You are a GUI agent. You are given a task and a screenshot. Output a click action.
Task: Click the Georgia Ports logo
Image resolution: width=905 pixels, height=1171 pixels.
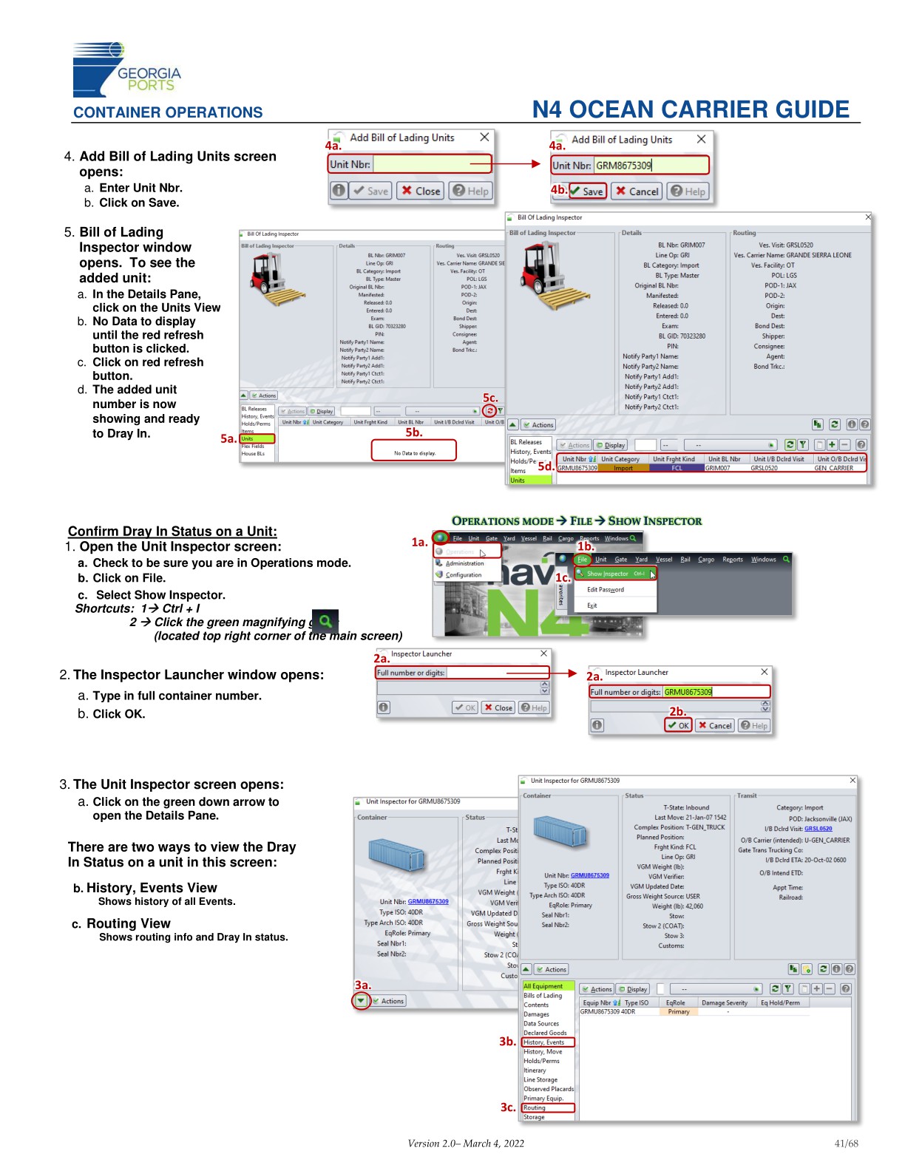click(x=126, y=71)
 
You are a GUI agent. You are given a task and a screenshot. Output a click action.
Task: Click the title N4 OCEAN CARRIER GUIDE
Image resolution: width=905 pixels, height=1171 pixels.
click(x=691, y=109)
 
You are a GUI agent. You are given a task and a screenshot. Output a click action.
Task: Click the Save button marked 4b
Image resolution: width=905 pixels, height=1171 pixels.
click(x=587, y=191)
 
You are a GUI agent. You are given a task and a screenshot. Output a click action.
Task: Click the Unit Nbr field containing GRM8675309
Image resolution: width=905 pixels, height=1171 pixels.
click(x=651, y=166)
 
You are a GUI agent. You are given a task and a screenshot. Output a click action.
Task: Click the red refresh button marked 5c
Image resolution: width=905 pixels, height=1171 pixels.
click(x=489, y=411)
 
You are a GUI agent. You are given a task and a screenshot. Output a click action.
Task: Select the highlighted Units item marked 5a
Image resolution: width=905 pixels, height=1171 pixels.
click(x=257, y=438)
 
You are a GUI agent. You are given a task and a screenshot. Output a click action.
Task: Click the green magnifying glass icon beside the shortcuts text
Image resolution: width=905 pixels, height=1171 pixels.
click(x=325, y=621)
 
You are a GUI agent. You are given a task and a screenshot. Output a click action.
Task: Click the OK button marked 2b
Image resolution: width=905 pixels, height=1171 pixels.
click(x=678, y=725)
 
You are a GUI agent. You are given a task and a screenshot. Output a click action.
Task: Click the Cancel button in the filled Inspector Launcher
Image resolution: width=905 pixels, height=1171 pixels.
click(x=714, y=725)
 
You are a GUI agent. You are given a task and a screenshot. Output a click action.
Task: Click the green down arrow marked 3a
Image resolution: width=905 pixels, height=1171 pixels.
click(x=361, y=1001)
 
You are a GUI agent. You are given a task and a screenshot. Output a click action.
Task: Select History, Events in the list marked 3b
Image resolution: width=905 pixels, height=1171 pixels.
click(x=547, y=1042)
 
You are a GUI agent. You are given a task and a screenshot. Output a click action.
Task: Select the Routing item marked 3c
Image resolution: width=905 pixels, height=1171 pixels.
click(x=547, y=1107)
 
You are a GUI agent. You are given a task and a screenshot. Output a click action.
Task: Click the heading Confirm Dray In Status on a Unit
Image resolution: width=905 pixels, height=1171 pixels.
click(x=172, y=531)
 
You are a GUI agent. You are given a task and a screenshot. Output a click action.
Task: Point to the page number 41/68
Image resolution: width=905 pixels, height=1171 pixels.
click(x=846, y=1143)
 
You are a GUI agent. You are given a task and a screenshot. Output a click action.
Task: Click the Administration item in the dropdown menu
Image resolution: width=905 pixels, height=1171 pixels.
click(x=464, y=563)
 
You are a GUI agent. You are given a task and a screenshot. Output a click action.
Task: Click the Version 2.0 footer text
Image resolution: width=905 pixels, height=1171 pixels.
click(x=466, y=1143)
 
